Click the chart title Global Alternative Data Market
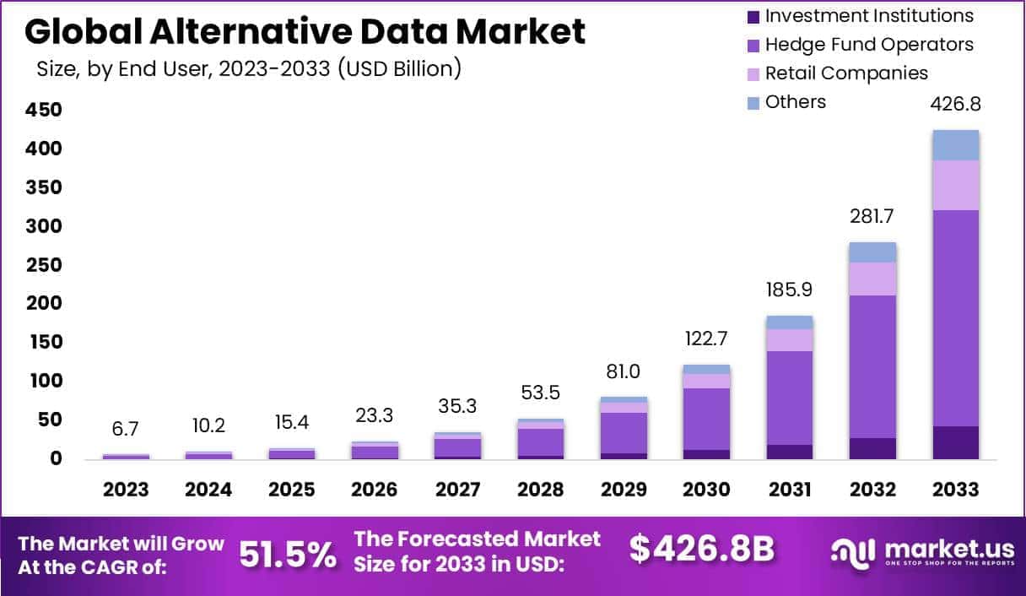coord(305,32)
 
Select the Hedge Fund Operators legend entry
coord(868,45)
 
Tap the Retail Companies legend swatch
coord(753,73)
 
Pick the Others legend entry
coord(795,102)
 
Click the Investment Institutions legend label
coord(868,16)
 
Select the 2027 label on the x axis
coord(457,490)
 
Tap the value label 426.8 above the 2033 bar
coord(955,105)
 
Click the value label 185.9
coord(790,290)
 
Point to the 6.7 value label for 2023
coord(125,429)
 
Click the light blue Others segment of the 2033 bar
coord(955,145)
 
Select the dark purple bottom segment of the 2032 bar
coord(872,448)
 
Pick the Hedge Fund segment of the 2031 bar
coord(790,397)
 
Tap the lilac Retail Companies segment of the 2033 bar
coord(955,185)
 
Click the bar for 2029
coord(624,431)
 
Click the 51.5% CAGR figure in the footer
coord(287,555)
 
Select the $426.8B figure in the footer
coord(701,549)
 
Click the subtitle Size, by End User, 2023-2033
coord(249,69)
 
